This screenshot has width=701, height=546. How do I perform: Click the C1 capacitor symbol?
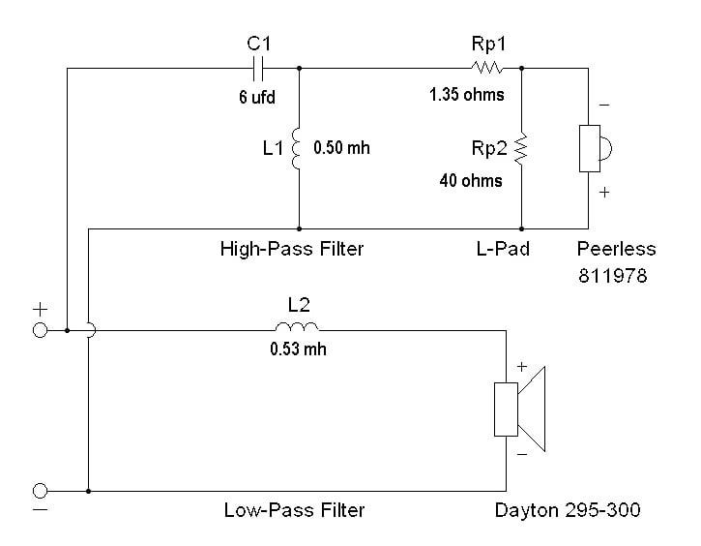258,69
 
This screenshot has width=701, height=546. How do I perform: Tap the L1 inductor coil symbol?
296,148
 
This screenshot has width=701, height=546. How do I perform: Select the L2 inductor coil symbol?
297,326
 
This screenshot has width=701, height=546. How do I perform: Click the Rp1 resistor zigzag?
487,68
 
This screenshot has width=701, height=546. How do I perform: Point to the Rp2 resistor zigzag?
521,148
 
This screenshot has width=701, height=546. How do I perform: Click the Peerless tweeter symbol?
595,148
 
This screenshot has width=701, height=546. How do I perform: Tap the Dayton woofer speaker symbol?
519,409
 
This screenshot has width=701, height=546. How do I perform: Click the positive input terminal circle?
41,330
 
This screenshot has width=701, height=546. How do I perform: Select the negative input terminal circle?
41,491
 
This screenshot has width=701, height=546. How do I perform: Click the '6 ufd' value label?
257,97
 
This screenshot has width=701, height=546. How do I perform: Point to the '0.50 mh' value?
341,148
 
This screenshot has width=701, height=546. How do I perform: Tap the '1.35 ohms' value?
467,95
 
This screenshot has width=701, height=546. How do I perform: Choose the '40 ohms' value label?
471,180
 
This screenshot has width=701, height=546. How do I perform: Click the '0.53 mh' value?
298,349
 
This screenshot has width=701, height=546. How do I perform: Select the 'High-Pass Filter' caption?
292,249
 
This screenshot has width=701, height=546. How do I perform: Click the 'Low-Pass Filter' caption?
294,510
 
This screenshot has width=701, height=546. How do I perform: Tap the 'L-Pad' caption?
503,249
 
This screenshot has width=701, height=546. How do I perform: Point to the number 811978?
612,276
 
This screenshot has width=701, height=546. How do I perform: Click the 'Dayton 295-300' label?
568,510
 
